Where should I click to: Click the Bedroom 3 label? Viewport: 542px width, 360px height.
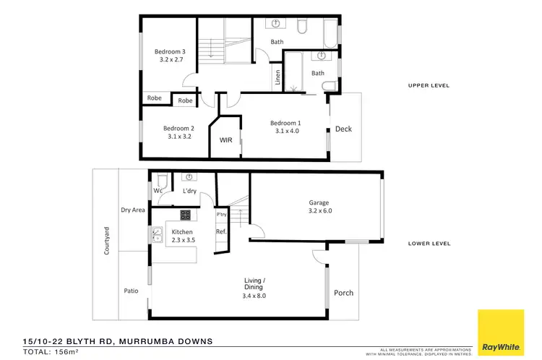(171, 51)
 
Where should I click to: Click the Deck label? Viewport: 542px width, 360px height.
(343, 129)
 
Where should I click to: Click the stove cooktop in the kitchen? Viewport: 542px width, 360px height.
(184, 215)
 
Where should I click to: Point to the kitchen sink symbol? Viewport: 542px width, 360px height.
(156, 233)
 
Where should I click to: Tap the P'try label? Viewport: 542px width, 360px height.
(221, 215)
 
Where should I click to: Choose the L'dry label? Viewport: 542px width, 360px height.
(190, 191)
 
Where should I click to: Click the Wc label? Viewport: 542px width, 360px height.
(157, 191)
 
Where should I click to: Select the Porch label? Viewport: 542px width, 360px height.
(343, 293)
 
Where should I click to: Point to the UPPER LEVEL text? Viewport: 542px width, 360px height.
(429, 85)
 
